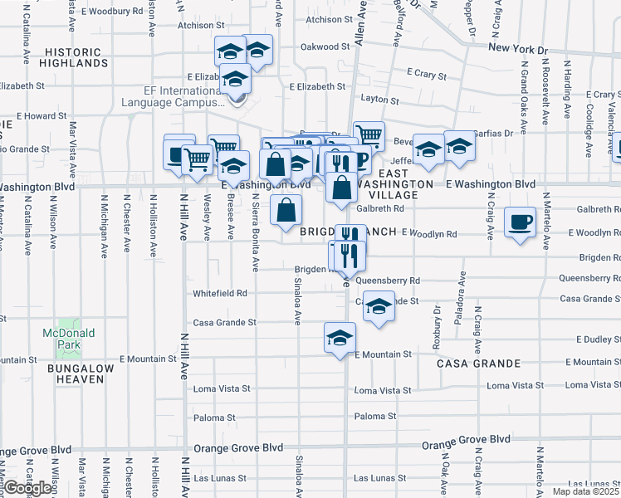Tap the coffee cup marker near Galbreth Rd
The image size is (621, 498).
(520, 222)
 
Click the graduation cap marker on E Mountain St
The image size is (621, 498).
(339, 338)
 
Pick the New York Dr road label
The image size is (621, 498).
(518, 49)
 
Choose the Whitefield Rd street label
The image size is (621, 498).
(220, 293)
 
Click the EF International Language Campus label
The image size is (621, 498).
(173, 97)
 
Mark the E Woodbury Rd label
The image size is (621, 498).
(113, 12)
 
